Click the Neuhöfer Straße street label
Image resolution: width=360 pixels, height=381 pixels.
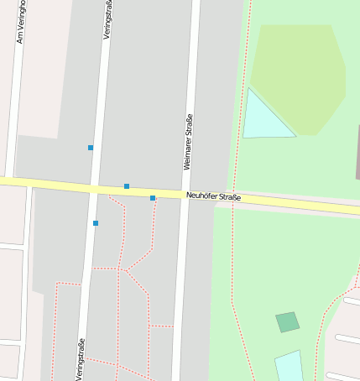[x=213, y=197]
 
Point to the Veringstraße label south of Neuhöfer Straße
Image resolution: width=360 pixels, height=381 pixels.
[x=81, y=358]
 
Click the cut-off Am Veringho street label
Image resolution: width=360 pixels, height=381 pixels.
[x=20, y=22]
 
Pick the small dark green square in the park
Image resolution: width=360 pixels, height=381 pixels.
[x=287, y=321]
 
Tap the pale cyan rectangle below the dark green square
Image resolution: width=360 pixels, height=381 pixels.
[x=289, y=367]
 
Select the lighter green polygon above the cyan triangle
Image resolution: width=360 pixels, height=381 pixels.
[x=298, y=76]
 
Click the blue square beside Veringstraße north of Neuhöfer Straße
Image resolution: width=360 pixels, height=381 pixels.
[x=91, y=148]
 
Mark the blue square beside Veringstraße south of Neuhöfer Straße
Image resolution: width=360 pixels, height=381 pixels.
[x=96, y=223]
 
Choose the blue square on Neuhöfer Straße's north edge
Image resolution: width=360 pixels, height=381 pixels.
[x=127, y=186]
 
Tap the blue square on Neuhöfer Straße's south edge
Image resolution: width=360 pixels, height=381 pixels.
[x=153, y=198]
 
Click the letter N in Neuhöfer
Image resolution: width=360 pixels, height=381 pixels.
[x=188, y=196]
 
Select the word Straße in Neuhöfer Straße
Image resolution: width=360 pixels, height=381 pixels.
[x=229, y=198]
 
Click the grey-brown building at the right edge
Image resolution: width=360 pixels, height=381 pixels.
[x=357, y=151]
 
